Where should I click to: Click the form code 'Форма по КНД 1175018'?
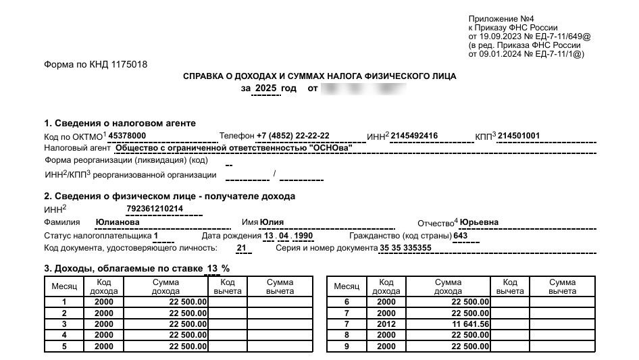point(95,65)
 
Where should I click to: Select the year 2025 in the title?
point(266,88)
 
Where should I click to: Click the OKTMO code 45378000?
point(127,136)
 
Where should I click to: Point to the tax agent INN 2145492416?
point(415,136)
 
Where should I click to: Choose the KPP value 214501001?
point(519,136)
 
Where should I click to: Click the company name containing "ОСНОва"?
point(234,148)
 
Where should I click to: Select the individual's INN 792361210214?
point(155,209)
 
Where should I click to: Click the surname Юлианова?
point(118,222)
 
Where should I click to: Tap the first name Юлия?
point(272,222)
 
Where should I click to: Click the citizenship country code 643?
point(461,236)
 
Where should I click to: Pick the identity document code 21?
point(241,248)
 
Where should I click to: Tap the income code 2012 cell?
point(386,324)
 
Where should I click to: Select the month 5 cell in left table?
point(64,346)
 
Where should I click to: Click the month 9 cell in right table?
point(347,346)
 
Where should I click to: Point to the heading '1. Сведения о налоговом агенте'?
point(120,123)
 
